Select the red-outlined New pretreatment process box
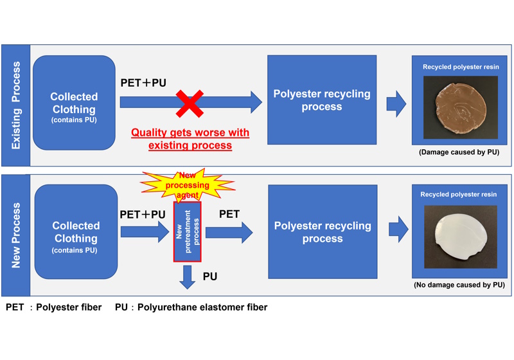click(187, 232)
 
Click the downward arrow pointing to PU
click(187, 276)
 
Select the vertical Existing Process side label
click(16, 105)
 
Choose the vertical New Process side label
click(16, 235)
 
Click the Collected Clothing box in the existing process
click(74, 103)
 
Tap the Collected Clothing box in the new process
click(75, 232)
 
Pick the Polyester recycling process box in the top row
click(321, 100)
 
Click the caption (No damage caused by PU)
click(460, 284)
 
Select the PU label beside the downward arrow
click(210, 276)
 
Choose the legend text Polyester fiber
click(69, 307)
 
